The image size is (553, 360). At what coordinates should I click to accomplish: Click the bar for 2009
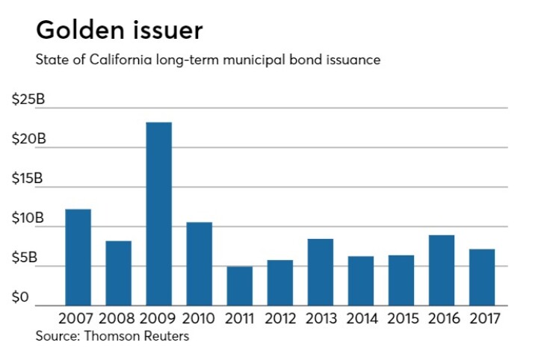(158, 214)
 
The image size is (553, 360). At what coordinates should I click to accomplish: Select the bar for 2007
(78, 257)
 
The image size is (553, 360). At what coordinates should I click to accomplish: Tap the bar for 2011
(239, 286)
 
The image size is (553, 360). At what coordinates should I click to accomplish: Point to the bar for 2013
(320, 272)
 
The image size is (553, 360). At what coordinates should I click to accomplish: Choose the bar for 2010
(199, 264)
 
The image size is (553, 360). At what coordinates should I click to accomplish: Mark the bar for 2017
(481, 277)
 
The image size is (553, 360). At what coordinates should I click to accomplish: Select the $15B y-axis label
(28, 179)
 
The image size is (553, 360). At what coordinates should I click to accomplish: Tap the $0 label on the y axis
(22, 298)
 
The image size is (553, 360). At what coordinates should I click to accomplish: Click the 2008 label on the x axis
(118, 319)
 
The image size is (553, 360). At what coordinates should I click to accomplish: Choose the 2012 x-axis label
(279, 319)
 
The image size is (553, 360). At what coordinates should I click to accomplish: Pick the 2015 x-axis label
(401, 319)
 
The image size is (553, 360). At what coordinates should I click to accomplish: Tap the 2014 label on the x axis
(360, 319)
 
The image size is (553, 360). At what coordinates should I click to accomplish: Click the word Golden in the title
(78, 31)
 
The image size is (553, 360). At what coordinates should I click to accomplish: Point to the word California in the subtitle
(110, 60)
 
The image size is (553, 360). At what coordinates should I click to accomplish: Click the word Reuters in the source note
(165, 336)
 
